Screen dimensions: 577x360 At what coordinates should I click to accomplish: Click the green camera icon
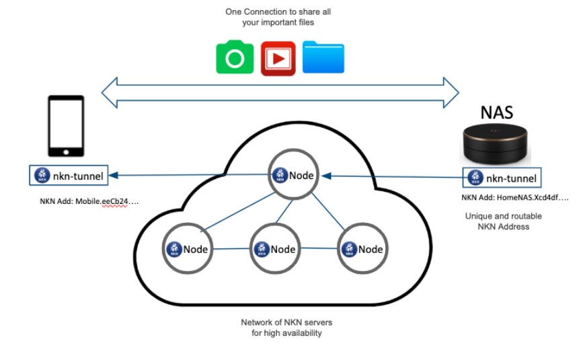235,57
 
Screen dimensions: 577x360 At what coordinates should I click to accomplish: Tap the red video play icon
278,59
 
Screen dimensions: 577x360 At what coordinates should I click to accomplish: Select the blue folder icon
323,57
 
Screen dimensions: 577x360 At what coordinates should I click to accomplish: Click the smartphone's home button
66,152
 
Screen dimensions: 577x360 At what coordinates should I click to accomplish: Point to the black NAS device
495,144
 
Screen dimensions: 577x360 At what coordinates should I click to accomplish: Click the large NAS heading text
497,112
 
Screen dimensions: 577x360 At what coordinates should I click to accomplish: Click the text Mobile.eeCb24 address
102,201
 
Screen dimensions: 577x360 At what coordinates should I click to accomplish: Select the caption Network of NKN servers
286,322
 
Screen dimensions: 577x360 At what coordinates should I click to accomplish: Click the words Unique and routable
504,216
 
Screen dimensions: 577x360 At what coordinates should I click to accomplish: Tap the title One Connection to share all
278,12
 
